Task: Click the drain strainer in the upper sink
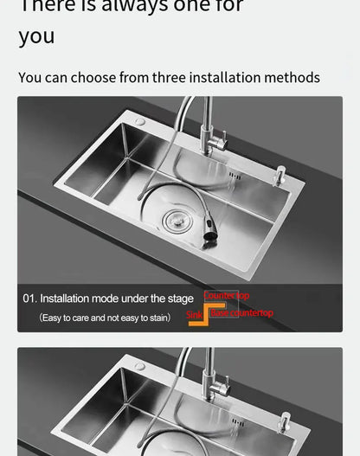click(x=177, y=222)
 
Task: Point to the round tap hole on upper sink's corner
click(x=139, y=122)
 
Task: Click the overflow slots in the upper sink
click(x=235, y=177)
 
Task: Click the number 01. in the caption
click(x=29, y=299)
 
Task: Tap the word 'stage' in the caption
click(x=179, y=299)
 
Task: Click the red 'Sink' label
click(x=195, y=315)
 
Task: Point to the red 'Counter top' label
click(x=226, y=296)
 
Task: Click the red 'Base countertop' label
click(x=242, y=312)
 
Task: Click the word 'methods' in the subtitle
click(x=292, y=78)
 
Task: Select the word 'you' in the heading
click(x=36, y=36)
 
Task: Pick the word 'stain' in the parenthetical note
click(x=157, y=318)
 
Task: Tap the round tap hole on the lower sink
click(x=139, y=366)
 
